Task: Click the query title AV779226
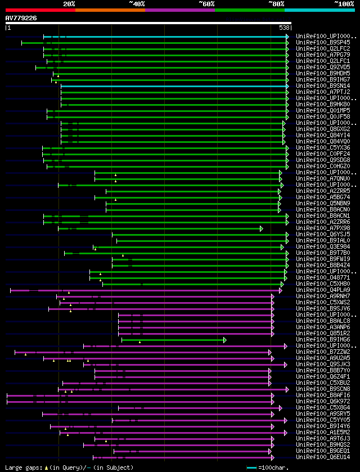point(21,18)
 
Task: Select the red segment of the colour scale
point(40,10)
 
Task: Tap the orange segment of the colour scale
point(110,10)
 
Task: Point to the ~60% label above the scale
point(206,4)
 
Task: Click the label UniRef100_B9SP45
point(323,42)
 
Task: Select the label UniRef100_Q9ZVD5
point(323,67)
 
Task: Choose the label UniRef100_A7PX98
point(323,228)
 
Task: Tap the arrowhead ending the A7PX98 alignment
point(261,228)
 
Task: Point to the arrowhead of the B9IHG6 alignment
point(224,340)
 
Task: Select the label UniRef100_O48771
point(323,277)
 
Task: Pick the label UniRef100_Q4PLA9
point(323,290)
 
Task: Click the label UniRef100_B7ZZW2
point(323,352)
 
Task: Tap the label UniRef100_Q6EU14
point(323,457)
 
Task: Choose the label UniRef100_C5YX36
point(323,147)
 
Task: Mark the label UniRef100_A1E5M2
point(323,432)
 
